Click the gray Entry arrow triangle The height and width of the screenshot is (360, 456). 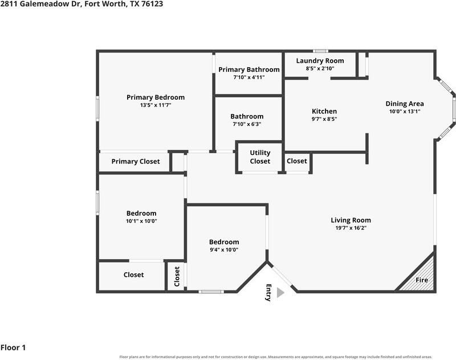pyautogui.click(x=280, y=293)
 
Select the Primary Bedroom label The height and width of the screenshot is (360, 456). pyautogui.click(x=156, y=97)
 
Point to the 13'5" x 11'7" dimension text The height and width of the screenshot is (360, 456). pyautogui.click(x=156, y=105)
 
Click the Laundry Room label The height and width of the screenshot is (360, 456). pyautogui.click(x=320, y=61)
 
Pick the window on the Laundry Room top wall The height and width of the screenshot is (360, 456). pyautogui.click(x=320, y=51)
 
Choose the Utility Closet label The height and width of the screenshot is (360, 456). pyautogui.click(x=260, y=157)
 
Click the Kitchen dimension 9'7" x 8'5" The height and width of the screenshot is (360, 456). pyautogui.click(x=324, y=119)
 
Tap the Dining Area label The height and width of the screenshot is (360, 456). pyautogui.click(x=405, y=104)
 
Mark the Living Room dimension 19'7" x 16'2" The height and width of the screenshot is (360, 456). pyautogui.click(x=351, y=228)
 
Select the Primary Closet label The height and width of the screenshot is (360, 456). pyautogui.click(x=136, y=162)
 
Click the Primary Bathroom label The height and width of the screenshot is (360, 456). pyautogui.click(x=249, y=69)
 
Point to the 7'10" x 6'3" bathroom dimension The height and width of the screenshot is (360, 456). pyautogui.click(x=247, y=124)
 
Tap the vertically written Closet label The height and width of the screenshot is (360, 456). pyautogui.click(x=177, y=277)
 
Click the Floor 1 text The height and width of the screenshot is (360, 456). pyautogui.click(x=13, y=347)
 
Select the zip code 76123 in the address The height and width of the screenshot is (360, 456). pyautogui.click(x=152, y=4)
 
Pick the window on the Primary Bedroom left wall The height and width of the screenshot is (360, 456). pyautogui.click(x=97, y=108)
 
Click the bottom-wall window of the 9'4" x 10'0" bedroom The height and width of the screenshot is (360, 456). pyautogui.click(x=211, y=292)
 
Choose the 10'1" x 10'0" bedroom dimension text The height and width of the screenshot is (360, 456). pyautogui.click(x=141, y=221)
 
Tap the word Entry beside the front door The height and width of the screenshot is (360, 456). pyautogui.click(x=268, y=293)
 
